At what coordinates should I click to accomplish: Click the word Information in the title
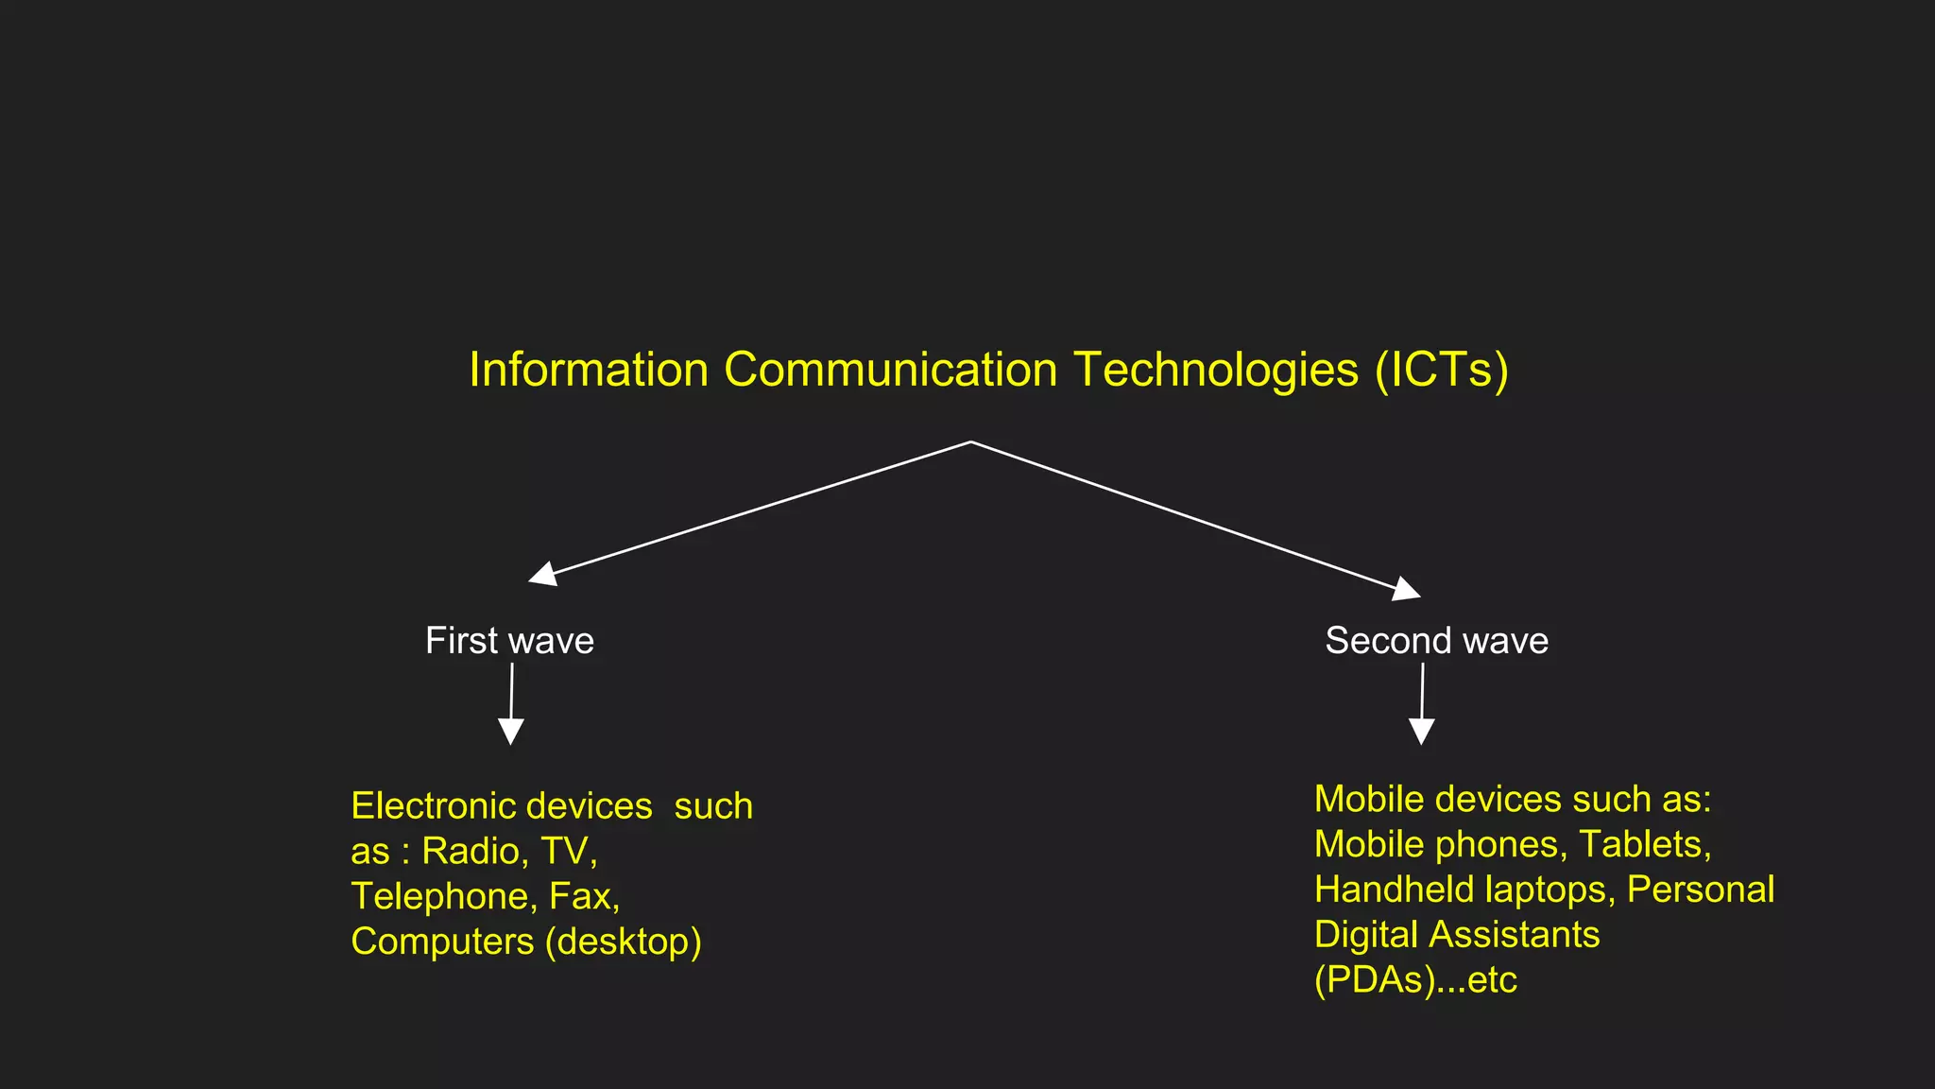point(589,370)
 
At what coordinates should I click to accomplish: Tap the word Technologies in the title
point(1216,370)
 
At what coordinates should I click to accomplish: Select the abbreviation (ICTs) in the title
point(1441,370)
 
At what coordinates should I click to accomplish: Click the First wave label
point(509,641)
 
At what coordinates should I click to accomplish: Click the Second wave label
point(1436,641)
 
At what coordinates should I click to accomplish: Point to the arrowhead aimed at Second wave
point(1407,589)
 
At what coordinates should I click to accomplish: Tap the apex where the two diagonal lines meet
point(971,441)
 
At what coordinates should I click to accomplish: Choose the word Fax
point(584,896)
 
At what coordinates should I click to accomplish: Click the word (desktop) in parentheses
point(623,942)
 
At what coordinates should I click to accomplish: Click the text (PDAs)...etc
point(1415,980)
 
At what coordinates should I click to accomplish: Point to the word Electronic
point(435,806)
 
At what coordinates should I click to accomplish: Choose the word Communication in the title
point(890,370)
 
